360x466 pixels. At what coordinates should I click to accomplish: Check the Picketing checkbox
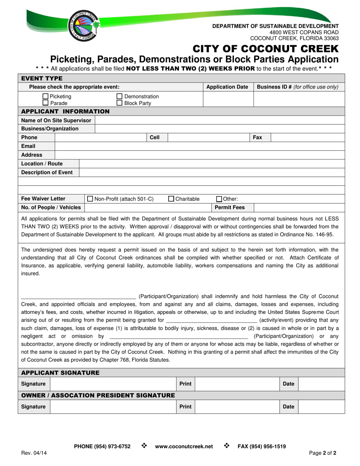pyautogui.click(x=46, y=97)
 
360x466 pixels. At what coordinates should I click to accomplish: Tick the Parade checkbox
pyautogui.click(x=46, y=103)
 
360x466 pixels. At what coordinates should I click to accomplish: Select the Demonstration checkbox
pyautogui.click(x=119, y=97)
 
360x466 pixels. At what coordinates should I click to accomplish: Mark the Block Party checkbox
pyautogui.click(x=119, y=103)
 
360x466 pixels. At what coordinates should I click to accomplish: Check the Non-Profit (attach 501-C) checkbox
pyautogui.click(x=90, y=199)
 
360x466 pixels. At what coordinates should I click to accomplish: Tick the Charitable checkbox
pyautogui.click(x=171, y=199)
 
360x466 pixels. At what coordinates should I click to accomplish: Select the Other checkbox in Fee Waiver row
pyautogui.click(x=219, y=199)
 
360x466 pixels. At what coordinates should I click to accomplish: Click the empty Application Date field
pyautogui.click(x=228, y=100)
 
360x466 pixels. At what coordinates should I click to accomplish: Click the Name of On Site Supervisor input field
pyautogui.click(x=220, y=120)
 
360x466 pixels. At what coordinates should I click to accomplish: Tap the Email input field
pyautogui.click(x=200, y=146)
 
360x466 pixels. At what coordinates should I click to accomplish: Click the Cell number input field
pyautogui.click(x=208, y=138)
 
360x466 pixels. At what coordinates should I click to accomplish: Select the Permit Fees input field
pyautogui.click(x=299, y=207)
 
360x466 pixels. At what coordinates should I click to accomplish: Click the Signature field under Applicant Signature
pyautogui.click(x=113, y=384)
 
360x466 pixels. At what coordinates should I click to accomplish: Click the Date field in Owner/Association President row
pyautogui.click(x=321, y=407)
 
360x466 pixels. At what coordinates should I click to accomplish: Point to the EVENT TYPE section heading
pyautogui.click(x=42, y=78)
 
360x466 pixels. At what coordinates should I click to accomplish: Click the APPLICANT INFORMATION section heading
pyautogui.click(x=65, y=111)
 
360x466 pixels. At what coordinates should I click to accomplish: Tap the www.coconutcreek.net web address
pyautogui.click(x=184, y=447)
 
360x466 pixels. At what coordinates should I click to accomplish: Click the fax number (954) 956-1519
pyautogui.click(x=261, y=447)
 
